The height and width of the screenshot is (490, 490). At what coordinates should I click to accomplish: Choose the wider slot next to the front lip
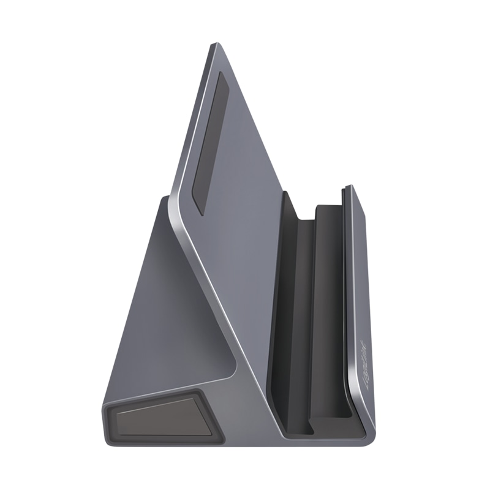coord(331,306)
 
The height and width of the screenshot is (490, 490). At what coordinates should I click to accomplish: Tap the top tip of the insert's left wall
coord(285,194)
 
